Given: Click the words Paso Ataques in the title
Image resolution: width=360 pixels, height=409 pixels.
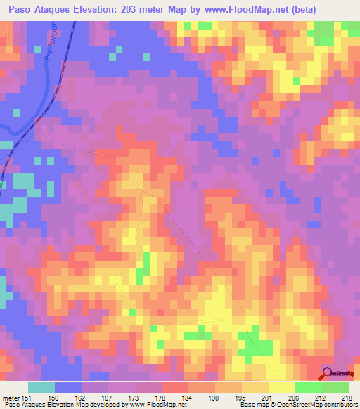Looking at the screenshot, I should coord(41,10).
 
